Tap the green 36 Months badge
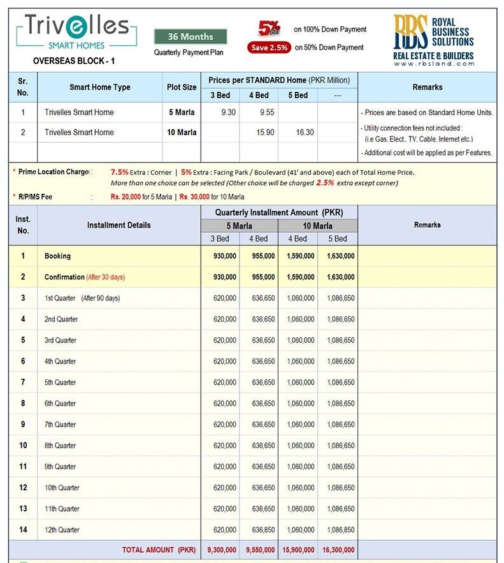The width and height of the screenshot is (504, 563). pos(191,36)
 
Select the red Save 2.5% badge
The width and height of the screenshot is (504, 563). pos(269,47)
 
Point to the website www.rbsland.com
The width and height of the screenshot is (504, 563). pos(433,63)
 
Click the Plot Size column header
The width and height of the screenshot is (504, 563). pos(182,87)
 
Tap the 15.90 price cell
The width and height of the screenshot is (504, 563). pos(259,133)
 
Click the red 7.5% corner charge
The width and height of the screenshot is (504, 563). pos(119,172)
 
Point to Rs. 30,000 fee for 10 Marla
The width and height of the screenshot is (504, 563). pos(197,197)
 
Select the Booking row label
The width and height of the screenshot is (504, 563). pos(57,256)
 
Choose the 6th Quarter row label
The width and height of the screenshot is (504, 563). pos(61,404)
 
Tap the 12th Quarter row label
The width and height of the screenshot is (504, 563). pos(62,530)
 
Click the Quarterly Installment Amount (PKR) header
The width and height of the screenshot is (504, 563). pos(279,212)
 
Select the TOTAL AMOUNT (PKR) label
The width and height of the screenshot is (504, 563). pos(159,550)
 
